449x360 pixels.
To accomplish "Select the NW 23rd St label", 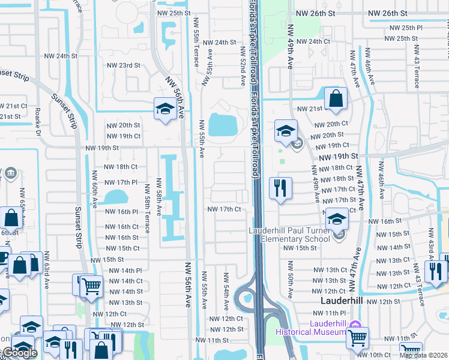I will (123, 65).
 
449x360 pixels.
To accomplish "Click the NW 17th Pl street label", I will (121, 182).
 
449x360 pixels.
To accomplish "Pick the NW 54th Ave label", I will (227, 287).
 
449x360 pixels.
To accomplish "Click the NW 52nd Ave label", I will (244, 70).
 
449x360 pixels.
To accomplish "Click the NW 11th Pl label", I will (331, 313).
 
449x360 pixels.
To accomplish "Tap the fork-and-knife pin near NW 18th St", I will (280, 188).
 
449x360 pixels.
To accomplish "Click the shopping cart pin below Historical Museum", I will (358, 338).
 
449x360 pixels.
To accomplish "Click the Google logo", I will (19, 353).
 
